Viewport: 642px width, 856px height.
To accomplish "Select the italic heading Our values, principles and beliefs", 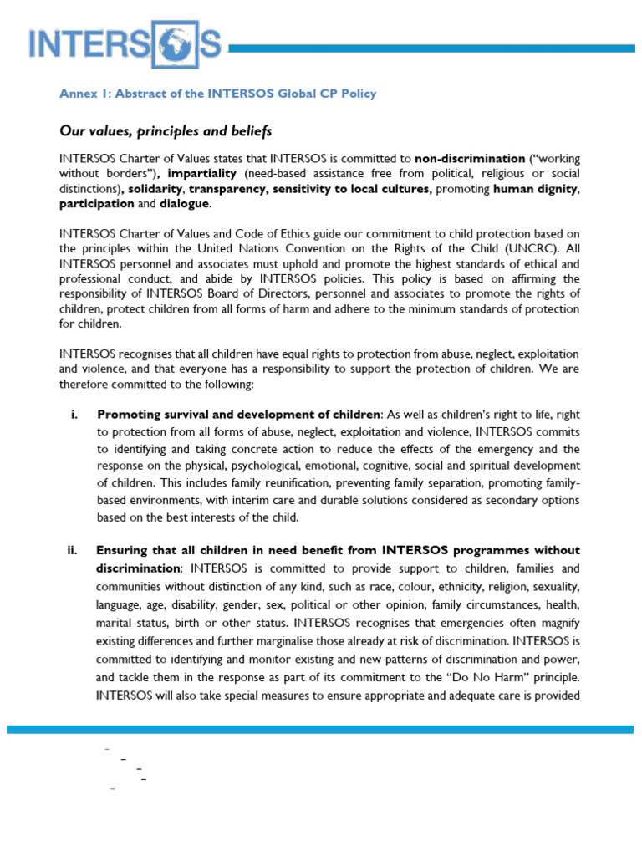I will click(x=166, y=131).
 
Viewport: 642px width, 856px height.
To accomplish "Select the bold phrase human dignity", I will click(x=532, y=189).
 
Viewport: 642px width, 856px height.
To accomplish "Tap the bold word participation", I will click(x=96, y=204).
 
